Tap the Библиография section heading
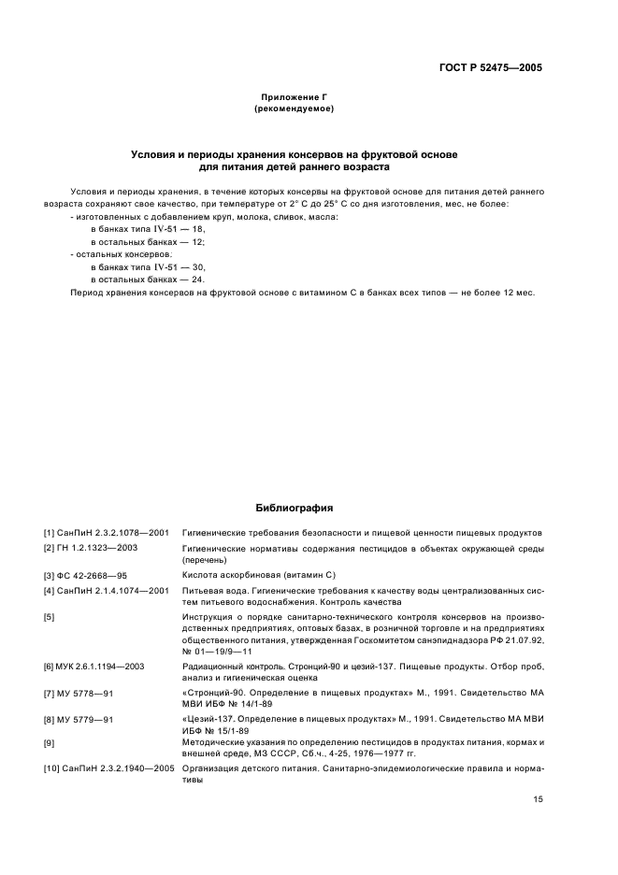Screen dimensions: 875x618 pos(295,509)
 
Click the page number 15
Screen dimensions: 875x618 pos(537,801)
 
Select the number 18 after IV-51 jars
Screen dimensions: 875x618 pos(198,229)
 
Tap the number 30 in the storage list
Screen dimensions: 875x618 pos(198,266)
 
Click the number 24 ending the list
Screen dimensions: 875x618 pos(198,280)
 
